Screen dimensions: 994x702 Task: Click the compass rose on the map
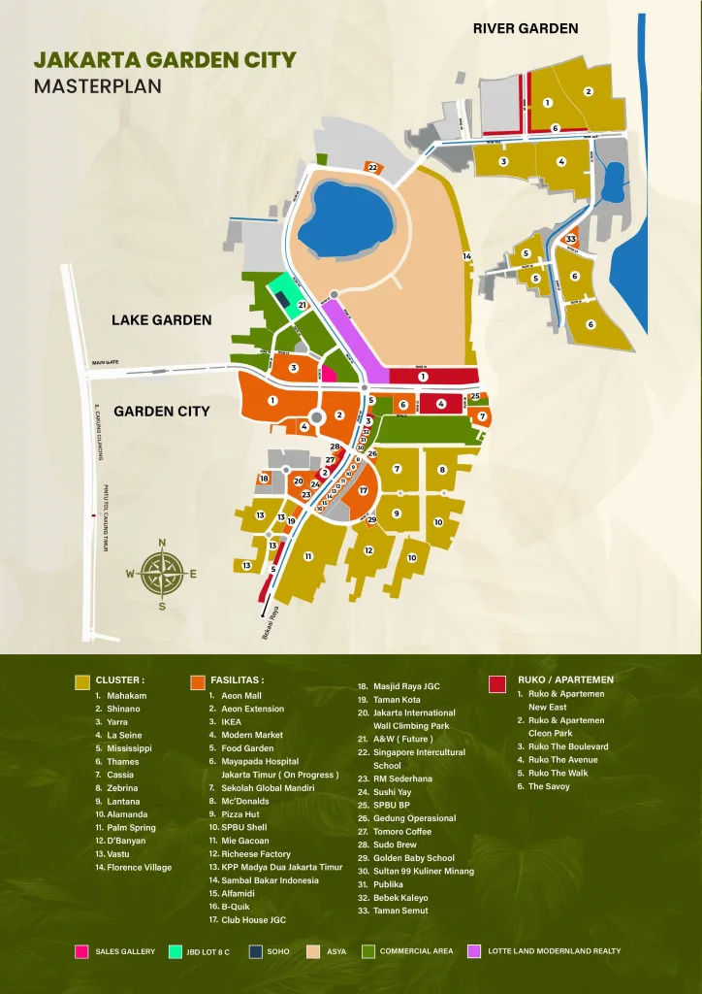coord(161,574)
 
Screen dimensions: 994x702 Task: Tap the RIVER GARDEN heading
coord(526,28)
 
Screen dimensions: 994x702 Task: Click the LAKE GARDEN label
coord(161,319)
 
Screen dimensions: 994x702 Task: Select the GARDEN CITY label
coord(161,411)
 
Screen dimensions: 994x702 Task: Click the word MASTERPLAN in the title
coord(97,85)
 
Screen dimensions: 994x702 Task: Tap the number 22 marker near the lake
coord(372,168)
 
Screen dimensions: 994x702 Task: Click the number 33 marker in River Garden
coord(571,239)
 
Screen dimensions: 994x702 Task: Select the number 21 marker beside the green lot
coord(303,306)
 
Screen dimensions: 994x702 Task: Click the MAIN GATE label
coord(105,363)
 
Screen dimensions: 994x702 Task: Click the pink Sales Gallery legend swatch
coord(81,951)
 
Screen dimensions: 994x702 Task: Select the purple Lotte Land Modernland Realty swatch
coord(474,951)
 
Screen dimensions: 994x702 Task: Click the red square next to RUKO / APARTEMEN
coord(497,682)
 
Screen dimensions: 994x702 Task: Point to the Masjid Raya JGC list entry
coord(405,686)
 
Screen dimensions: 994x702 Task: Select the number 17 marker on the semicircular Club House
coord(363,490)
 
